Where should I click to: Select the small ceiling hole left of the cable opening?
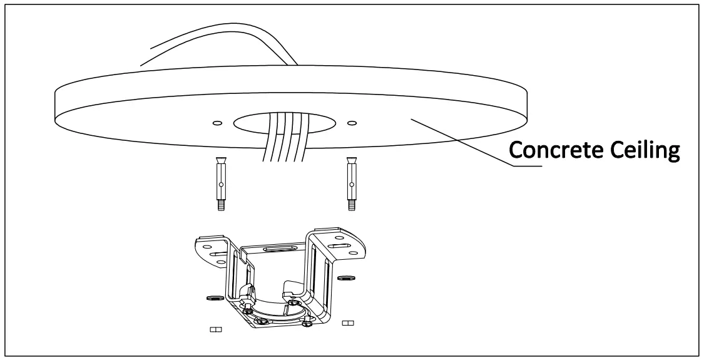click(x=217, y=123)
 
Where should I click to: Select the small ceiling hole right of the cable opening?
click(x=351, y=122)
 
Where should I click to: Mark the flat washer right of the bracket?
click(x=344, y=277)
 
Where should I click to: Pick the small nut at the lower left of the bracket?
click(x=215, y=328)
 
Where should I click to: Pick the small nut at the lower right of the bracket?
click(x=349, y=323)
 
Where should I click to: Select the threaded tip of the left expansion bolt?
click(x=222, y=203)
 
